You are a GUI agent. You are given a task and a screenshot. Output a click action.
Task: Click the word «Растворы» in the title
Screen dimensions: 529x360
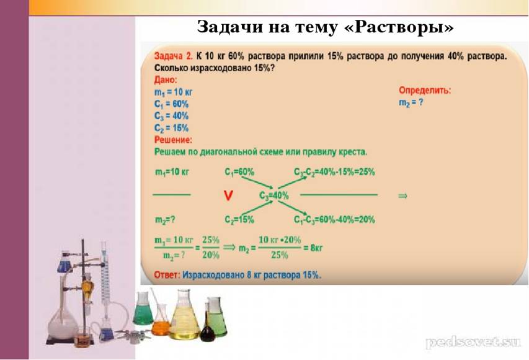click(x=399, y=27)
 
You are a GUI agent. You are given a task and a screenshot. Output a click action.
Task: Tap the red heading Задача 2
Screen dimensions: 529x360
click(x=173, y=56)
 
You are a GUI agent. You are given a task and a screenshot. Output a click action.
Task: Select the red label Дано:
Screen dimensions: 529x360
click(x=166, y=80)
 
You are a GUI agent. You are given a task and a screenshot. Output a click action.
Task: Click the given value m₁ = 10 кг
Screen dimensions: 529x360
click(x=174, y=92)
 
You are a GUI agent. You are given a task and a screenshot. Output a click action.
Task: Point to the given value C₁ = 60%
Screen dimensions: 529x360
click(x=171, y=104)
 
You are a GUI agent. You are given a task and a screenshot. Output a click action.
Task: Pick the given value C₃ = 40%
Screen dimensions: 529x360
click(x=171, y=116)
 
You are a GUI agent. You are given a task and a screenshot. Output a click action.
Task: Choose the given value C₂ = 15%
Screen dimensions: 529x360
click(x=171, y=128)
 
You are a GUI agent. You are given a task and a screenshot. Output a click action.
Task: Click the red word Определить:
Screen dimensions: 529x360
click(x=425, y=90)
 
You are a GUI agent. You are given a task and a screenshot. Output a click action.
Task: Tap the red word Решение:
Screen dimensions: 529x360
click(x=173, y=140)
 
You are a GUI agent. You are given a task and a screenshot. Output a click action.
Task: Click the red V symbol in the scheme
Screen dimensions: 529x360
click(x=228, y=196)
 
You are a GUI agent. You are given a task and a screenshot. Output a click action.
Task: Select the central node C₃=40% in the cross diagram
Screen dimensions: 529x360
click(x=274, y=196)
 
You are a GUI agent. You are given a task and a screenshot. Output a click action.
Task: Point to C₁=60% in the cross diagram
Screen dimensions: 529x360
click(x=239, y=172)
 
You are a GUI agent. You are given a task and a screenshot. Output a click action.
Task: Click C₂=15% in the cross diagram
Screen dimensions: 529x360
click(x=239, y=220)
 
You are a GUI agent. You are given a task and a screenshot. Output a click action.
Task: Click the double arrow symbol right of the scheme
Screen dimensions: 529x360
click(x=403, y=196)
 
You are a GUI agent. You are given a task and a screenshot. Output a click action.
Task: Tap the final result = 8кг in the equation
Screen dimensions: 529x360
click(x=313, y=248)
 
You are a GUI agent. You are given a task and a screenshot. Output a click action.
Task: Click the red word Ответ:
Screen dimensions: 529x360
click(x=166, y=275)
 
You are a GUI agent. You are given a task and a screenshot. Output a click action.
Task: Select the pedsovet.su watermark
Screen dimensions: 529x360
click(x=473, y=342)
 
